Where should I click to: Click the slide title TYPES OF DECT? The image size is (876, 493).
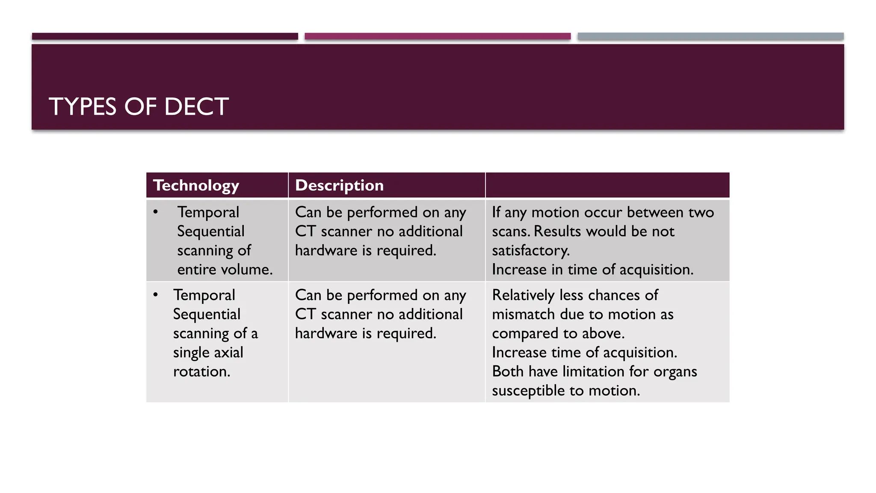tap(139, 107)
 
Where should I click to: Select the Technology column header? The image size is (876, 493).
tap(196, 185)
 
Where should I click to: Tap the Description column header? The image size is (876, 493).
tap(339, 185)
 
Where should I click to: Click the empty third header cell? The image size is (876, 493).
tap(607, 185)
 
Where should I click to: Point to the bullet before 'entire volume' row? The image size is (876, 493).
tap(156, 212)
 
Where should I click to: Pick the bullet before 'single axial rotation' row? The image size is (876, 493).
tap(156, 295)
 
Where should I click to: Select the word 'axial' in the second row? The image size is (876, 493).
tap(226, 353)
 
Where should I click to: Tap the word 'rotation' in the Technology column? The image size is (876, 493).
tap(201, 371)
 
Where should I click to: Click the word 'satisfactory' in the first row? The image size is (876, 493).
tap(530, 251)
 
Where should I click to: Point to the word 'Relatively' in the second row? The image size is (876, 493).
tap(523, 295)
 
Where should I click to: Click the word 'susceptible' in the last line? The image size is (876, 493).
tap(528, 391)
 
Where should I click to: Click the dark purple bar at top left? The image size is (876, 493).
tap(165, 36)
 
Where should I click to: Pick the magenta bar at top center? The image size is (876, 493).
tap(438, 36)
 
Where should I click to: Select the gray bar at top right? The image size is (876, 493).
tap(710, 36)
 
